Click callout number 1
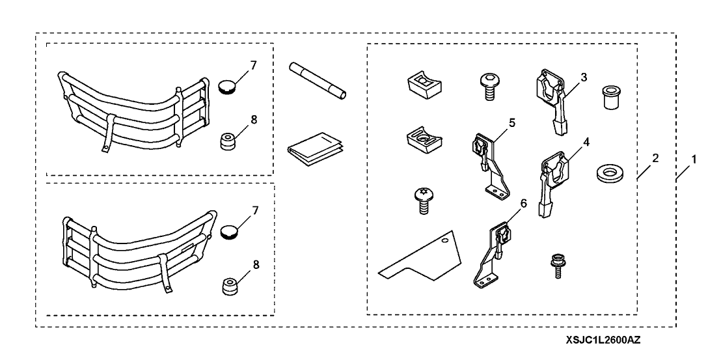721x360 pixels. coord(694,158)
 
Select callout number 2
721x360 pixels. coord(655,158)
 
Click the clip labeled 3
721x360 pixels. coord(551,102)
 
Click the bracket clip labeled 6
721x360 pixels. coord(491,257)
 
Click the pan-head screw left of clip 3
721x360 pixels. coord(487,85)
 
